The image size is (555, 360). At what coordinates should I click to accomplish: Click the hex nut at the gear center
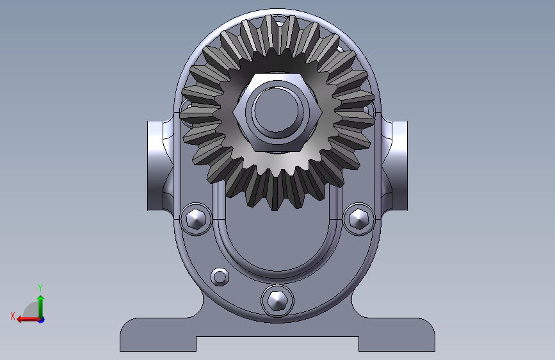pyautogui.click(x=278, y=112)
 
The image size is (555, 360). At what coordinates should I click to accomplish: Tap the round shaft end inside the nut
pyautogui.click(x=277, y=112)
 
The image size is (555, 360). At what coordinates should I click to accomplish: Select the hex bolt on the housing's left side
pyautogui.click(x=196, y=218)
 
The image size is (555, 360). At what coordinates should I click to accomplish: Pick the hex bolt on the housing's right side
pyautogui.click(x=359, y=218)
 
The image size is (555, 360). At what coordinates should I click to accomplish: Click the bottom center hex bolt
pyautogui.click(x=277, y=300)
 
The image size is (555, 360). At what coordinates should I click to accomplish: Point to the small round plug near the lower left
pyautogui.click(x=220, y=276)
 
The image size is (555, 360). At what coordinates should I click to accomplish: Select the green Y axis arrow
pyautogui.click(x=41, y=307)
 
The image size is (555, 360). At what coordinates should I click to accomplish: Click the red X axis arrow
pyautogui.click(x=29, y=319)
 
